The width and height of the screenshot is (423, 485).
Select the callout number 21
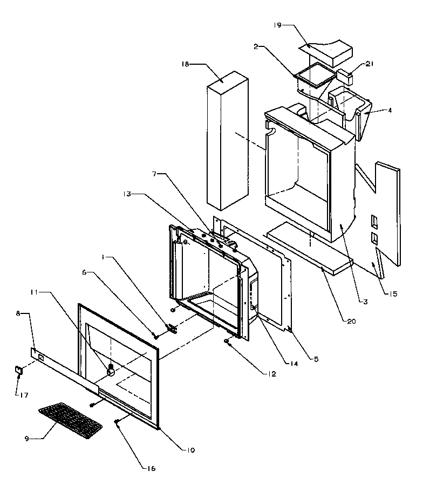(x=369, y=64)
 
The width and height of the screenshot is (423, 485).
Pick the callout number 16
(x=152, y=468)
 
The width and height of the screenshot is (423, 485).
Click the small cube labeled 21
(x=344, y=77)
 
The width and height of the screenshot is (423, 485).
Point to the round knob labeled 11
(x=112, y=370)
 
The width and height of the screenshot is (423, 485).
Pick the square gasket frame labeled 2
(x=314, y=77)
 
